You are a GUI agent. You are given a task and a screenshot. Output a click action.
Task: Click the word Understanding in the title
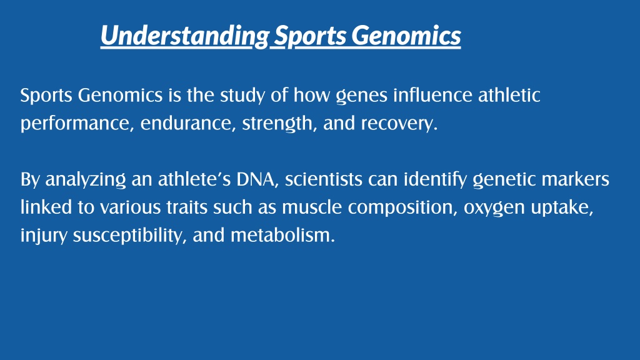click(x=185, y=36)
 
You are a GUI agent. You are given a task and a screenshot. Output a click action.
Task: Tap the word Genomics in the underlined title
click(x=406, y=35)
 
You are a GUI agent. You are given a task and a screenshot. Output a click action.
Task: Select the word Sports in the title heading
click(x=310, y=36)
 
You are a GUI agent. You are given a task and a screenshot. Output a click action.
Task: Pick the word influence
click(x=432, y=95)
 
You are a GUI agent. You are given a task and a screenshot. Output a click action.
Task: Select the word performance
click(x=77, y=124)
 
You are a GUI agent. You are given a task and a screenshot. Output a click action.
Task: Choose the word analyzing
click(x=85, y=180)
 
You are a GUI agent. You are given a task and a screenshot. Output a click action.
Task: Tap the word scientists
click(x=324, y=179)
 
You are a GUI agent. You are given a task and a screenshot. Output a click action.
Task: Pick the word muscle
click(x=312, y=207)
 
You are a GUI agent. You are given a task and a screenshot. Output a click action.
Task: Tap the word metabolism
click(x=282, y=235)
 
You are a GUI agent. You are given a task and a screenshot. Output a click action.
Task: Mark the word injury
click(x=44, y=236)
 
